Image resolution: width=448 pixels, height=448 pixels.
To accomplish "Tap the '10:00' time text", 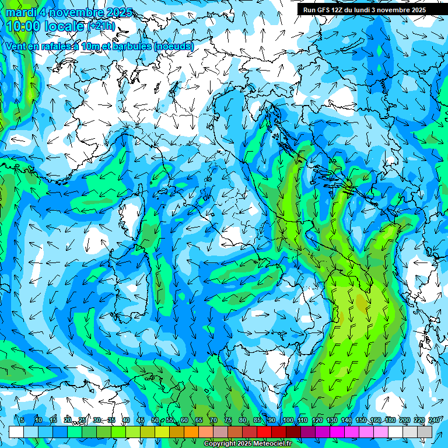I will [x=23, y=26].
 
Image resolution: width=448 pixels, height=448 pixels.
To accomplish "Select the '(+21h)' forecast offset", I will [x=101, y=26].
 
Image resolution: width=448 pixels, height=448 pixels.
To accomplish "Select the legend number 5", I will [x=22, y=421].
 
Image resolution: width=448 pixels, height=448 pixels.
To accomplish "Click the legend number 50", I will [x=155, y=421].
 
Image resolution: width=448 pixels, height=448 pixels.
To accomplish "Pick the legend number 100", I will [x=288, y=421].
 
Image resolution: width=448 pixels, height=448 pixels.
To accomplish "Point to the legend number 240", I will [x=433, y=421].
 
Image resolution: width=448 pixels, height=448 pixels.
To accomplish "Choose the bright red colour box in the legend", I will [x=264, y=432].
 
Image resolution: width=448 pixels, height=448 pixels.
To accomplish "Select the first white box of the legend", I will [x=16, y=432].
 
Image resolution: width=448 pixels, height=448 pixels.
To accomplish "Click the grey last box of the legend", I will [x=425, y=432].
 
